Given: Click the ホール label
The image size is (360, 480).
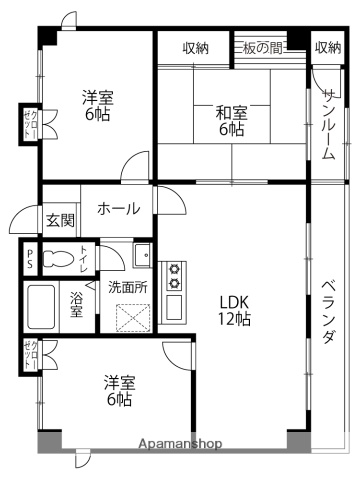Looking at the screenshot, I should (118, 209).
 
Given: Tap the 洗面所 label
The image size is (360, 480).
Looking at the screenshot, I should (128, 287).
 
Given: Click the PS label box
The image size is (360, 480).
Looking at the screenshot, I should (31, 259).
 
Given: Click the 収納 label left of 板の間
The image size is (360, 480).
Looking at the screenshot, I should (196, 47).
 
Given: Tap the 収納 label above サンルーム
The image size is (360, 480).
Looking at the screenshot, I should (327, 47).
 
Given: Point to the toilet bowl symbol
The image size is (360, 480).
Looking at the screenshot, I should (63, 259).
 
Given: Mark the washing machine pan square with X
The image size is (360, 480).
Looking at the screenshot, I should (132, 318).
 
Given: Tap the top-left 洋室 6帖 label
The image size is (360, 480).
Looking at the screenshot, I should (97, 106).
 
